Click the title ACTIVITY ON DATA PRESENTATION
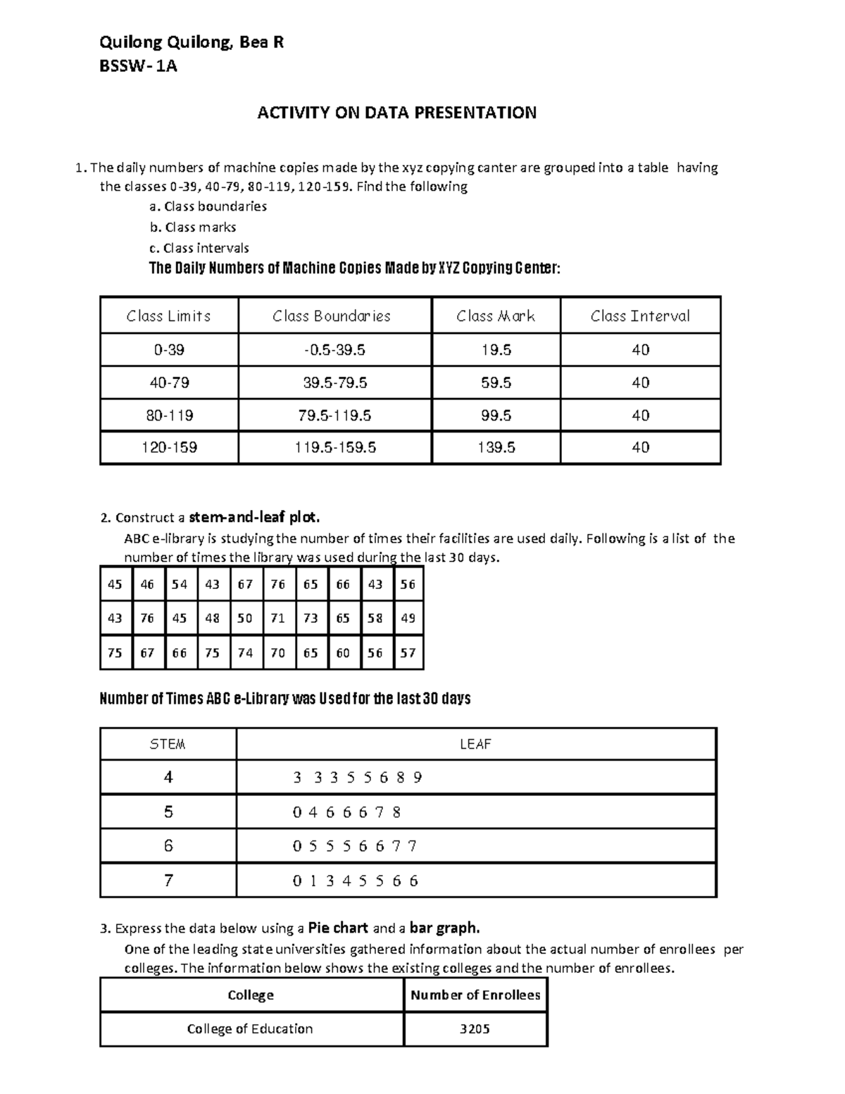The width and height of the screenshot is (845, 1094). coord(396,113)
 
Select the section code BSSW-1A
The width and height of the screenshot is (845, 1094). coord(138,67)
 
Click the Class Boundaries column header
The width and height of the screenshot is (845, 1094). coord(332,316)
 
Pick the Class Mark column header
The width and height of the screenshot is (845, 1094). coord(496,316)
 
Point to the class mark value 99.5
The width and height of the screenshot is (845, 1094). coord(496,416)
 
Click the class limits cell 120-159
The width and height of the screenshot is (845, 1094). coord(169,447)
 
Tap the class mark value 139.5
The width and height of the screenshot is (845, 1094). coord(496,447)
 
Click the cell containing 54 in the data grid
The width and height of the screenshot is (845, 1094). coord(180,584)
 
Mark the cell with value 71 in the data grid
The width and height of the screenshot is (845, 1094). coord(278,619)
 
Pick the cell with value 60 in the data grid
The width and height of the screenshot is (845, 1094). coord(343,653)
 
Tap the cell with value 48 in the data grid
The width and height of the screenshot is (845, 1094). coord(213,619)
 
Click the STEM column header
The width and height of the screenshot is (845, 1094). coord(168,744)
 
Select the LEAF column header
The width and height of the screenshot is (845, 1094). coord(475,744)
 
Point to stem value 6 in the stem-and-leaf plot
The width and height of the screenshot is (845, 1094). coord(168,846)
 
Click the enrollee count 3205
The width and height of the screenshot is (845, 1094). coord(475,1029)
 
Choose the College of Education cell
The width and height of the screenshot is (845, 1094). coord(250,1029)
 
